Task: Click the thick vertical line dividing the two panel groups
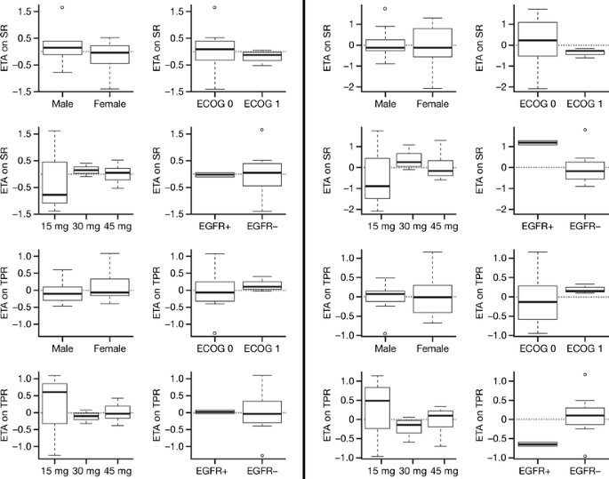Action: (305, 239)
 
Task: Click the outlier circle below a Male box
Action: (385, 334)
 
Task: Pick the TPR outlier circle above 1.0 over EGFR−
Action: (585, 375)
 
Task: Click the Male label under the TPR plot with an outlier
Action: (385, 348)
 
